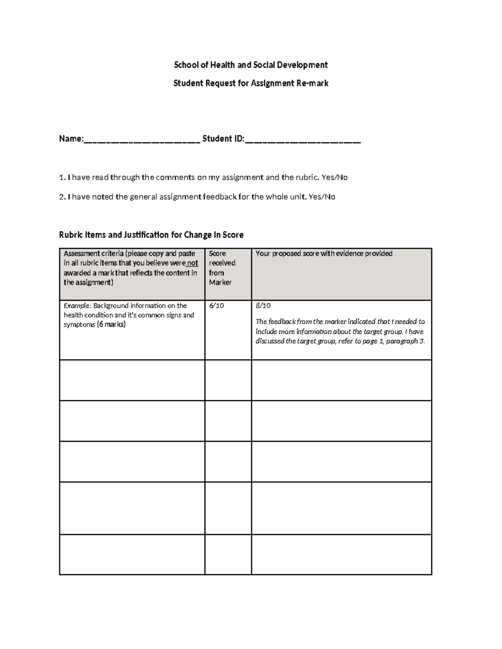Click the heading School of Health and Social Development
(251, 65)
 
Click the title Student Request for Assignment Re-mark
(251, 83)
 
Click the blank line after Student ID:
(302, 140)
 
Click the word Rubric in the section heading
(71, 235)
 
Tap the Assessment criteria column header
(130, 268)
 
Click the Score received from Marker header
(222, 268)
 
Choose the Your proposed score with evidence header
(324, 254)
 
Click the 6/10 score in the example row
(217, 305)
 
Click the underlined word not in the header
(192, 263)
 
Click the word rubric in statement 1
(307, 177)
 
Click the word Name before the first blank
(70, 139)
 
